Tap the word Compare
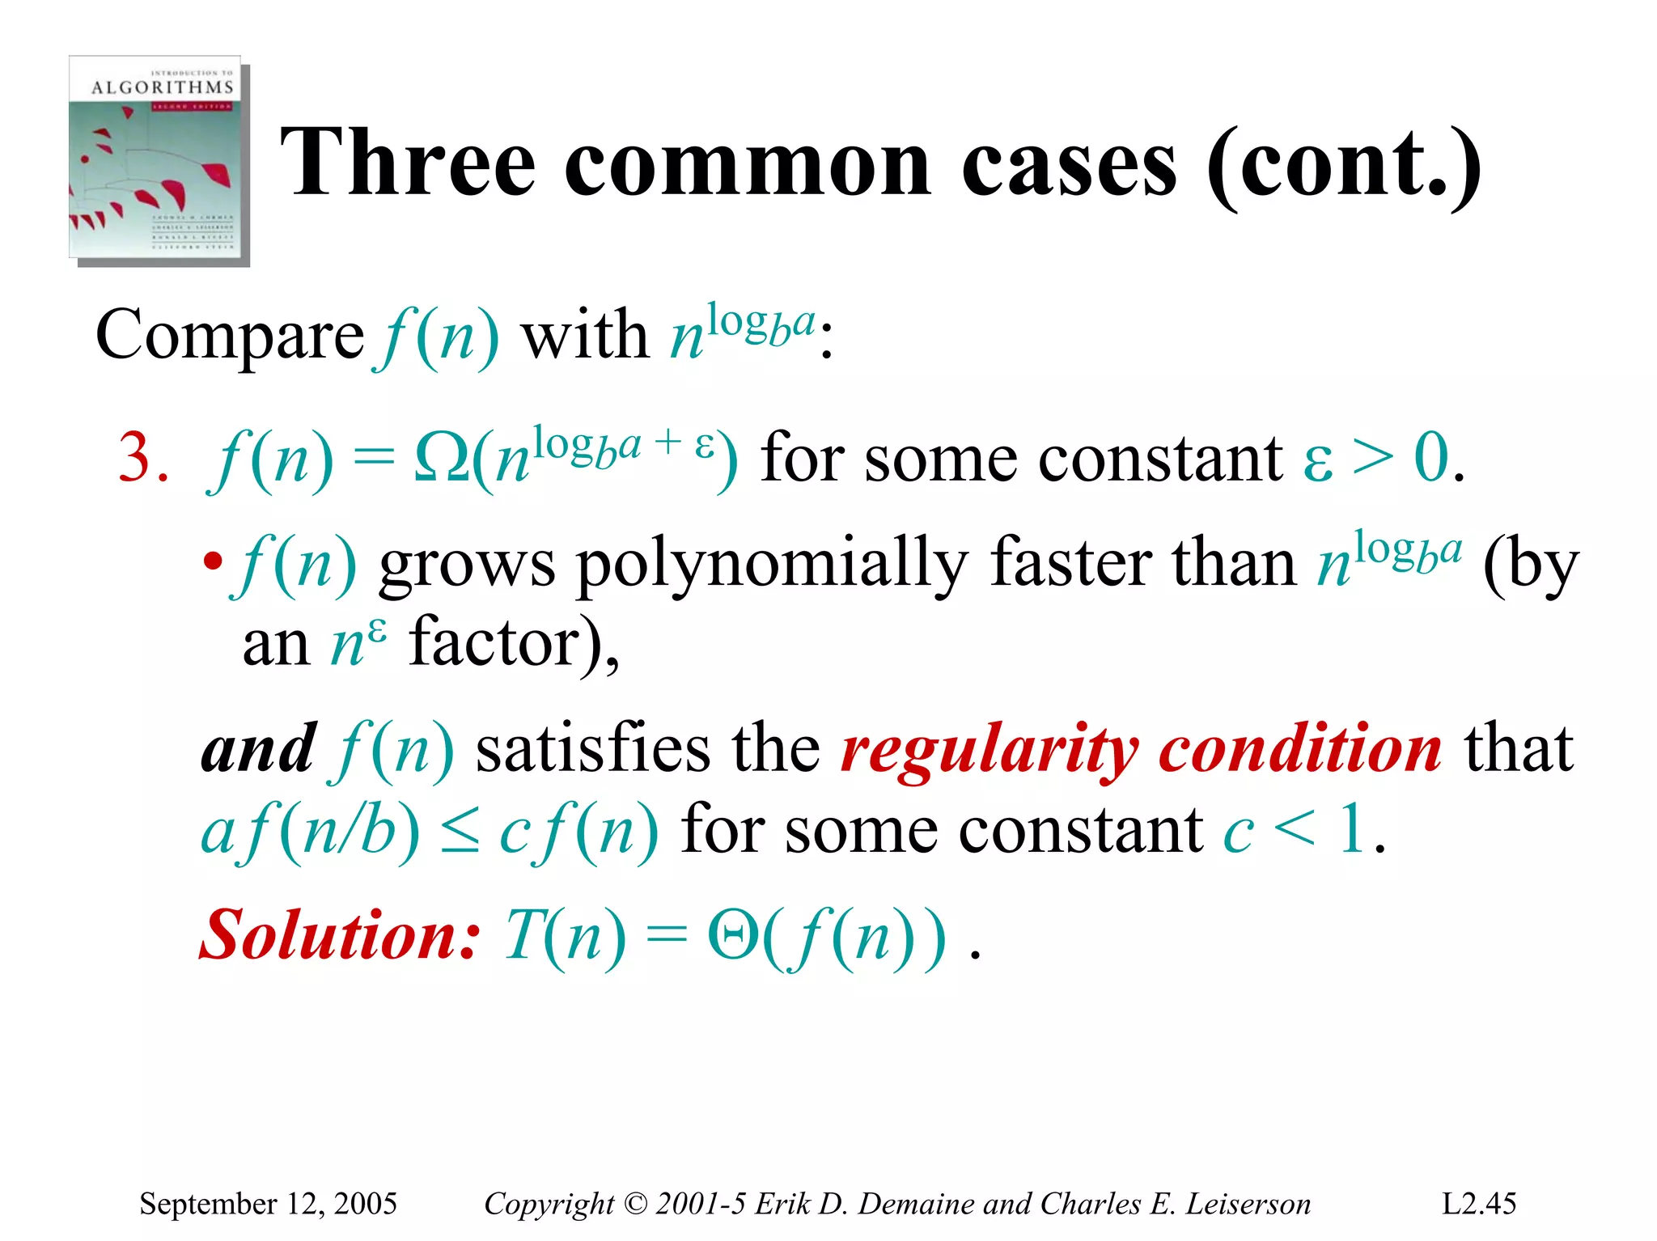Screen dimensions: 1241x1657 [230, 335]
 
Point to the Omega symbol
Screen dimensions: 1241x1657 [441, 459]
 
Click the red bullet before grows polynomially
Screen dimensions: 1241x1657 [212, 561]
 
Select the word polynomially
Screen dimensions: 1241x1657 [772, 564]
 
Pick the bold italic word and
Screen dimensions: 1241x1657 [258, 749]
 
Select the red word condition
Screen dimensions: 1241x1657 [1299, 749]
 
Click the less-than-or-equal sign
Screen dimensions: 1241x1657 [460, 832]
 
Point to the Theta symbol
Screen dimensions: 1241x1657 [732, 936]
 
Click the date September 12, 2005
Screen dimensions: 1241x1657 [268, 1204]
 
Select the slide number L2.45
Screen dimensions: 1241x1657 [1479, 1204]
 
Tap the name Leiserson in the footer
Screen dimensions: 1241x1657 [1248, 1204]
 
